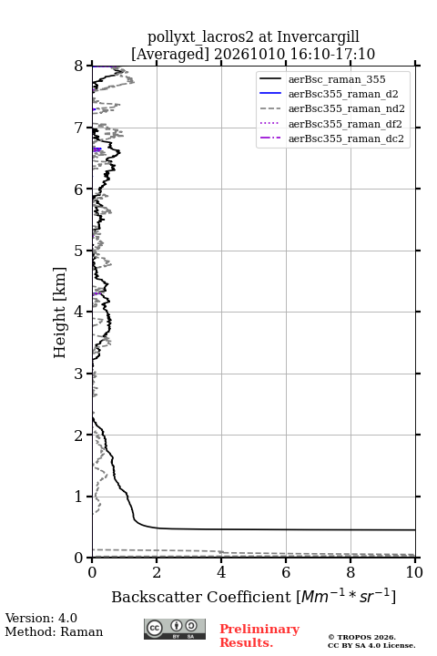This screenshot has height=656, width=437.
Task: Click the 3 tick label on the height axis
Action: click(78, 374)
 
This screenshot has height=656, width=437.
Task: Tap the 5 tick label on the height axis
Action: click(78, 251)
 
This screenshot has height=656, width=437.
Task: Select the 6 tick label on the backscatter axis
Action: click(286, 572)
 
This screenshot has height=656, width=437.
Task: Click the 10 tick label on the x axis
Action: click(414, 572)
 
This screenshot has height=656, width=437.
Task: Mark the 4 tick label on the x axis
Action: click(221, 572)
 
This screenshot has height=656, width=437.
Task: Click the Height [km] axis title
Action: click(59, 313)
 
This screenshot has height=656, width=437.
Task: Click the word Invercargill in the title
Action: click(318, 36)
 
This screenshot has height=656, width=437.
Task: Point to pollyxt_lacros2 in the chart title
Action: click(200, 36)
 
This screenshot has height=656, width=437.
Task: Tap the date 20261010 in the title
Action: click(249, 54)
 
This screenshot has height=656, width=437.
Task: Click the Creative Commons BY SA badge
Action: click(175, 629)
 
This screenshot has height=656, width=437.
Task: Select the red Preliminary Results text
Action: click(259, 636)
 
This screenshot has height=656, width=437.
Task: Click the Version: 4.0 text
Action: click(41, 618)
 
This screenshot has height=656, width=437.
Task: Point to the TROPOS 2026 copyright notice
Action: click(362, 637)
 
